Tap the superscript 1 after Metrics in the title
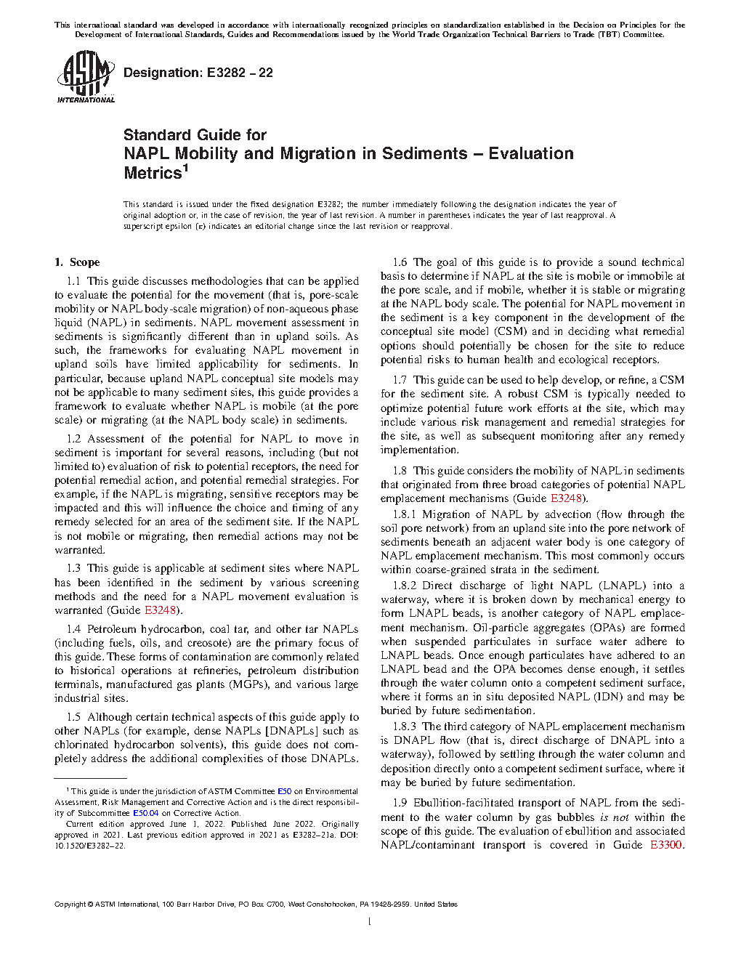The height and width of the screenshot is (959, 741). tap(185, 169)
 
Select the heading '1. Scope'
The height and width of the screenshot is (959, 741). tap(77, 262)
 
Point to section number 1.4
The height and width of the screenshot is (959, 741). tap(73, 629)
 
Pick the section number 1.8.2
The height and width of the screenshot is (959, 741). tap(405, 586)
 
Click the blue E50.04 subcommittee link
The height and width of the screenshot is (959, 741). tap(145, 813)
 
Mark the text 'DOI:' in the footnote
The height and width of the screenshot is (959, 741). tap(349, 835)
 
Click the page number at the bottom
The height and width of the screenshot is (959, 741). tap(370, 922)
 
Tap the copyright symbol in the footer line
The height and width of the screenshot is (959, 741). tap(91, 905)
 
